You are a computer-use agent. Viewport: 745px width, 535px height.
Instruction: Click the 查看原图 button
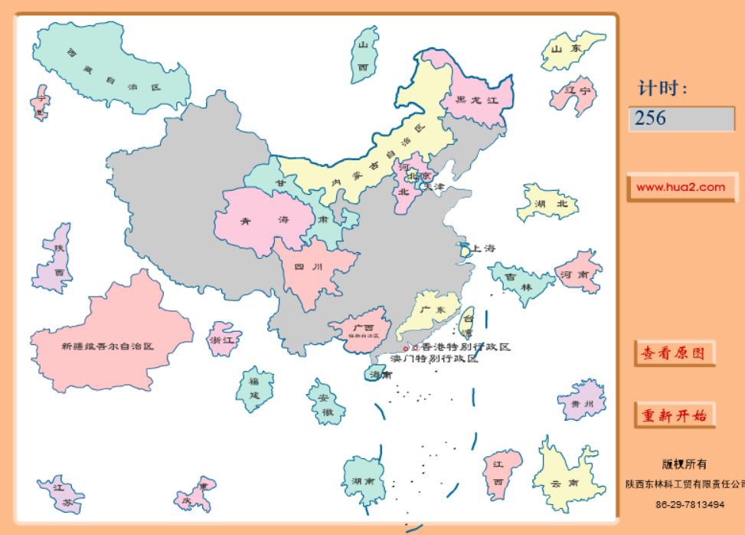[675, 353]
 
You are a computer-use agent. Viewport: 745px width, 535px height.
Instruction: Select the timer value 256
[681, 118]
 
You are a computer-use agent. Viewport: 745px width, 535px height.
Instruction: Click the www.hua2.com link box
[681, 187]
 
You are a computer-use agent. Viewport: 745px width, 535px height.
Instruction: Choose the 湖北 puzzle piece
[546, 203]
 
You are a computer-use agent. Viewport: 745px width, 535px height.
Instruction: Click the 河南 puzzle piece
[578, 272]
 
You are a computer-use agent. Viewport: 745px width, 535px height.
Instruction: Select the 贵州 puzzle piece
[583, 402]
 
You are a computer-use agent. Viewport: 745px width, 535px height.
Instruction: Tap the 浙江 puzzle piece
[224, 339]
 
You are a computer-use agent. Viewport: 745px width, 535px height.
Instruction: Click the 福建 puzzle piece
[253, 388]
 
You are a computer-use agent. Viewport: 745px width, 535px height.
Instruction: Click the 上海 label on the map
[483, 248]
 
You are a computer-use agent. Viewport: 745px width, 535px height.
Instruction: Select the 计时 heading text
[663, 89]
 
